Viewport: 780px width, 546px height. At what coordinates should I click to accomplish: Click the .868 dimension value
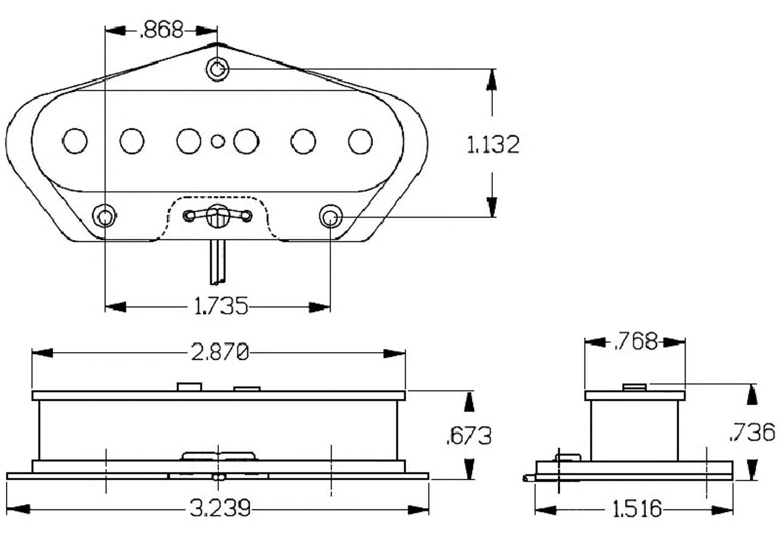(161, 30)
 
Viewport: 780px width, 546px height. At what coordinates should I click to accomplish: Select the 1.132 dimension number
(493, 145)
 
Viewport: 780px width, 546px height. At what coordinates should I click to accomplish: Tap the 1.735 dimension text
(221, 306)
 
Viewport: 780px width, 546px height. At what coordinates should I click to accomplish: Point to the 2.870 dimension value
(220, 352)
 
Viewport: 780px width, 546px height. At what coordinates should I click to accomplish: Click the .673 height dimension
(469, 435)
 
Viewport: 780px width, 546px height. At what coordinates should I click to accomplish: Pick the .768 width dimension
(636, 342)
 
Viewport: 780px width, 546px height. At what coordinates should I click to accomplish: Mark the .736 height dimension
(753, 432)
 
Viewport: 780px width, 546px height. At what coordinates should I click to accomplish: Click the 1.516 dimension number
(636, 509)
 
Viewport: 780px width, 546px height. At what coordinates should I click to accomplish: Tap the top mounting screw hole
(218, 69)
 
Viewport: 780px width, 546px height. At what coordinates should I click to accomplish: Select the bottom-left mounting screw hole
(105, 216)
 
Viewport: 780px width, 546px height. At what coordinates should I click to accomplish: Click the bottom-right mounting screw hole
(331, 216)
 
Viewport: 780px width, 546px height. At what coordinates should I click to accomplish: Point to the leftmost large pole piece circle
(75, 141)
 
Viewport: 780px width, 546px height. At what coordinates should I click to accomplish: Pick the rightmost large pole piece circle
(360, 141)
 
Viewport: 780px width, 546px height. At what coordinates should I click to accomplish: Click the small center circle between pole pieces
(218, 141)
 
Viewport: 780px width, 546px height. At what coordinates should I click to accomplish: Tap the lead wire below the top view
(217, 262)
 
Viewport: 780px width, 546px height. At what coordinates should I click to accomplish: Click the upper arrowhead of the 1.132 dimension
(492, 80)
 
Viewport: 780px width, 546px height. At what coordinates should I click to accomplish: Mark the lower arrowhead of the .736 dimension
(752, 470)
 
